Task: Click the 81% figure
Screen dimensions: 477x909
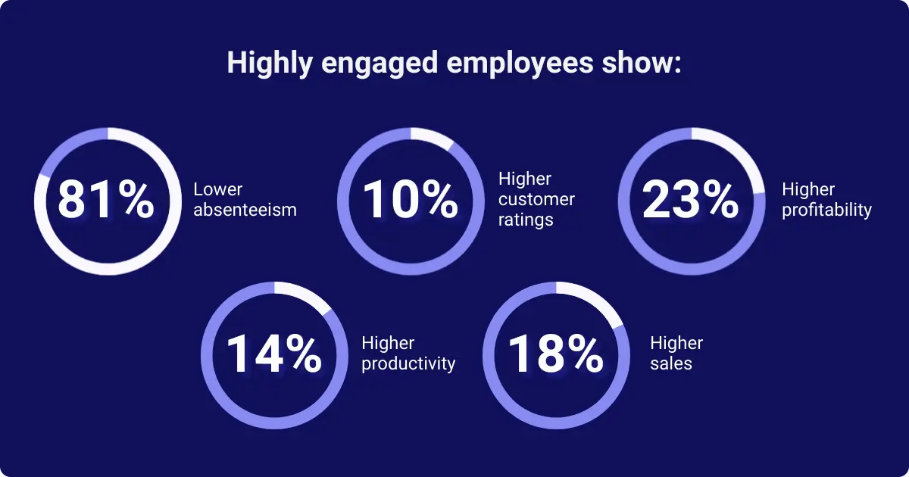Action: pyautogui.click(x=106, y=199)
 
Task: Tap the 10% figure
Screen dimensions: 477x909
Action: pyautogui.click(x=410, y=199)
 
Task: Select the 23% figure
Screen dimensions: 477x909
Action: pyautogui.click(x=691, y=199)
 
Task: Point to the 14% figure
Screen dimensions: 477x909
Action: pyautogui.click(x=273, y=354)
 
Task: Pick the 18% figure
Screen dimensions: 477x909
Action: pyautogui.click(x=555, y=354)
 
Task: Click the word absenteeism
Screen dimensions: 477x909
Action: pyautogui.click(x=245, y=210)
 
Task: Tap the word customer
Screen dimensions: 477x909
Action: pyautogui.click(x=536, y=199)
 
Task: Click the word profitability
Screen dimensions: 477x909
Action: pyautogui.click(x=826, y=210)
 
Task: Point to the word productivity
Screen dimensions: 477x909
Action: pyautogui.click(x=408, y=363)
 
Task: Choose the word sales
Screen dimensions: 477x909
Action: pyautogui.click(x=671, y=363)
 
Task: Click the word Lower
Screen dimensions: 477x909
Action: pyautogui.click(x=217, y=189)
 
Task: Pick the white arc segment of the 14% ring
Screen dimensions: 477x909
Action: pyautogui.click(x=307, y=295)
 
